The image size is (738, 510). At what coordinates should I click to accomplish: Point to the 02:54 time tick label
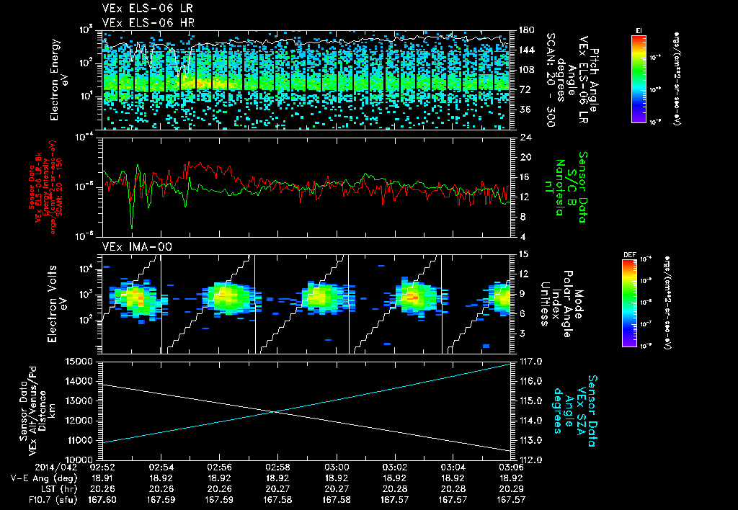(x=160, y=466)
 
